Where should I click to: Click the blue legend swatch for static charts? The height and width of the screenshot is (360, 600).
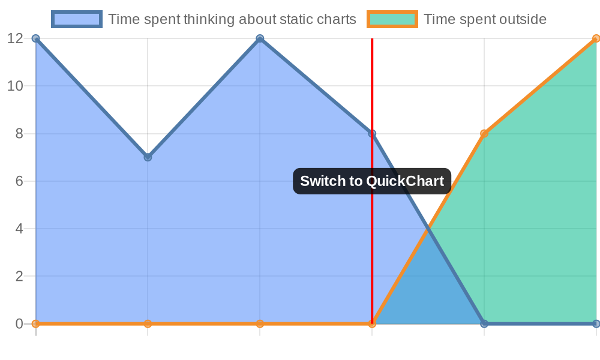(77, 19)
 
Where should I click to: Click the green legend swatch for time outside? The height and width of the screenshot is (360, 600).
(392, 19)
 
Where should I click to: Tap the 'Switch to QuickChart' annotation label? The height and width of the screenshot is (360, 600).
(372, 181)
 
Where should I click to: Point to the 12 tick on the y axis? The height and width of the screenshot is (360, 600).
(16, 38)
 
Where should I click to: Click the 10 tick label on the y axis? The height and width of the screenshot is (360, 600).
(16, 86)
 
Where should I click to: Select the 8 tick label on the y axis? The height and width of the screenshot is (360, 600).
(19, 134)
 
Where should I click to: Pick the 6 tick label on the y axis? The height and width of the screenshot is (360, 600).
(19, 181)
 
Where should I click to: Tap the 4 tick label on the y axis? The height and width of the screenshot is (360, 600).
(19, 229)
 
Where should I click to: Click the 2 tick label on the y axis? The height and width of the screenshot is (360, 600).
(19, 276)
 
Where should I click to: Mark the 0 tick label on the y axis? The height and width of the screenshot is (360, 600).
(19, 323)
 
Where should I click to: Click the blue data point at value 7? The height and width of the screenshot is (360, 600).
(148, 157)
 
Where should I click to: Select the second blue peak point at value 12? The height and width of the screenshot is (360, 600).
(260, 38)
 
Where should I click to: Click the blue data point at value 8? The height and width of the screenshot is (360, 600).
(372, 134)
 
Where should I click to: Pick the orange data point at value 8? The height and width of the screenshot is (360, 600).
(484, 134)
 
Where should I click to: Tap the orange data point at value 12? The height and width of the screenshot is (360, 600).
(596, 38)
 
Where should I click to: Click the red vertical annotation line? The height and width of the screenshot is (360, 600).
(372, 181)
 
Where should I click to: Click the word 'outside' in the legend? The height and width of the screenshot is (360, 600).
(523, 19)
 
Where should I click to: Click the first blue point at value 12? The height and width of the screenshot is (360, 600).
(35, 38)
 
